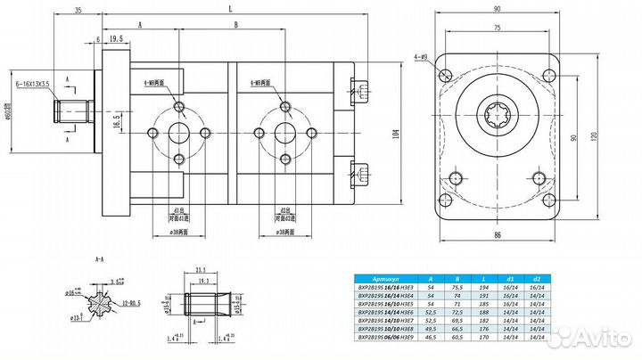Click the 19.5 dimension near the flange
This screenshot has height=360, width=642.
pyautogui.click(x=115, y=40)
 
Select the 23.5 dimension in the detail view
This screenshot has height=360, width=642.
pyautogui.click(x=201, y=266)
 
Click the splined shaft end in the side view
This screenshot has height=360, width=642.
pyautogui.click(x=70, y=112)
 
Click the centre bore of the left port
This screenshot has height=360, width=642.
pyautogui.click(x=181, y=134)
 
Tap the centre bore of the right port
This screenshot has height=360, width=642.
pyautogui.click(x=286, y=134)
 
